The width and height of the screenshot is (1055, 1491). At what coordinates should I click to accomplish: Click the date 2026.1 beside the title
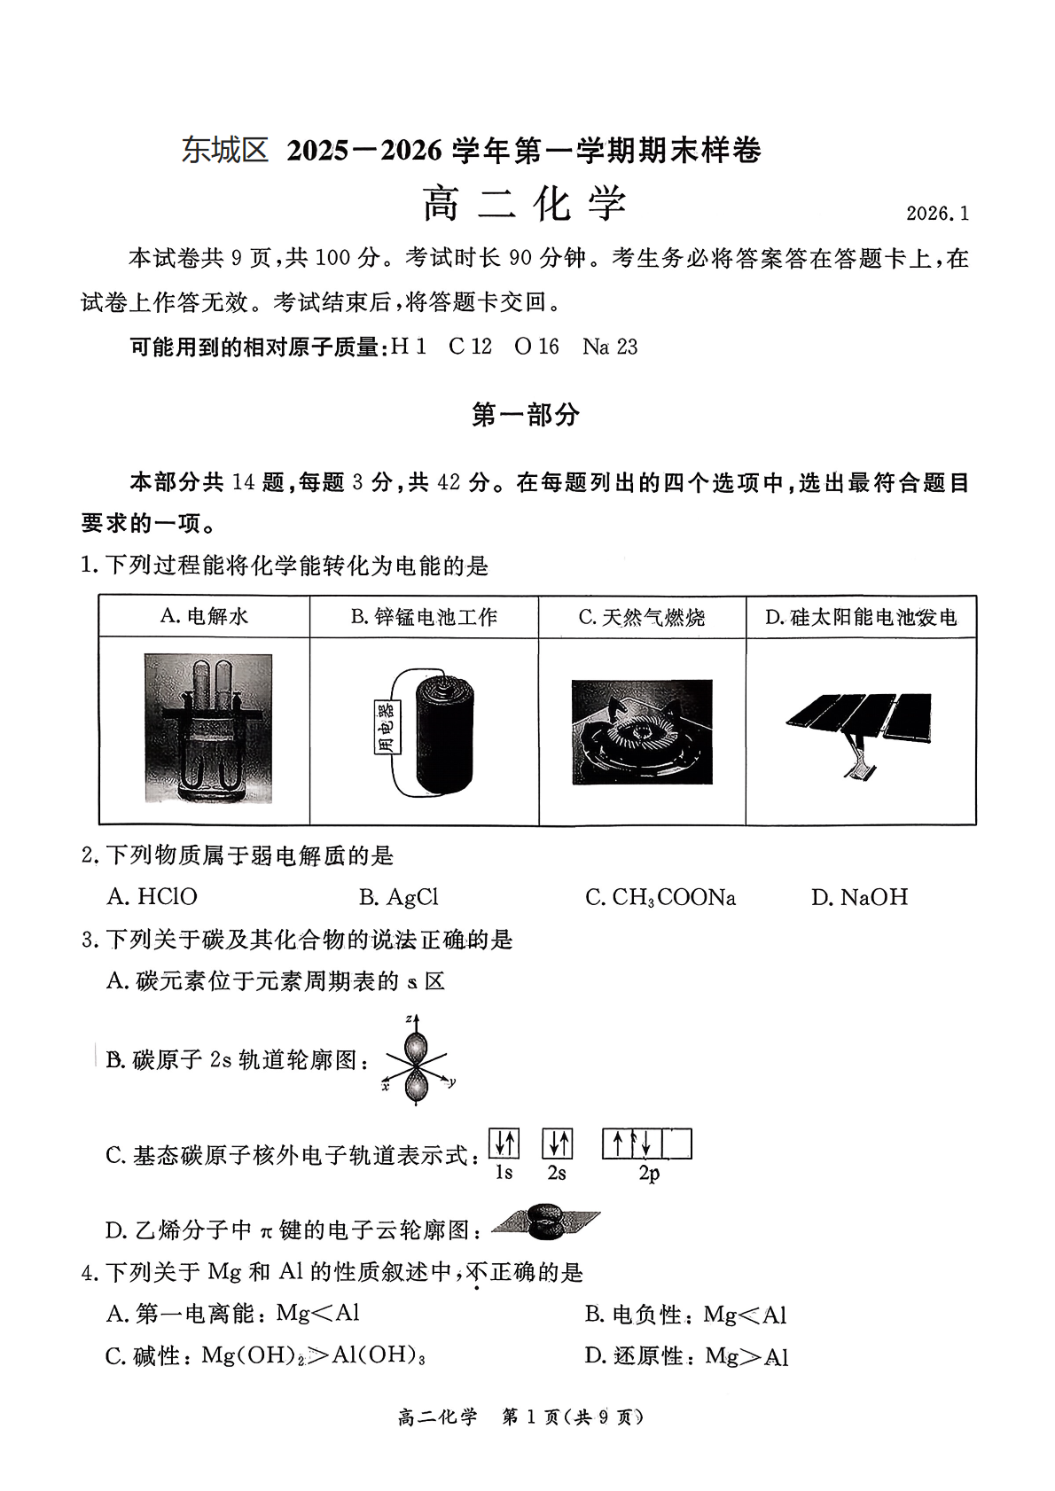pyautogui.click(x=936, y=214)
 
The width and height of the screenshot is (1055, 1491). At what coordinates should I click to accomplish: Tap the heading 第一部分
pyautogui.click(x=526, y=415)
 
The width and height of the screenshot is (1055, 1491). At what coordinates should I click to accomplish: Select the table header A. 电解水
pyautogui.click(x=204, y=617)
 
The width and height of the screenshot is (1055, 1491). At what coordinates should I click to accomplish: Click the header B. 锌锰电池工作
pyautogui.click(x=424, y=617)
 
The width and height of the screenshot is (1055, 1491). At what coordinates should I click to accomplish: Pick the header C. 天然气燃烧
pyautogui.click(x=641, y=617)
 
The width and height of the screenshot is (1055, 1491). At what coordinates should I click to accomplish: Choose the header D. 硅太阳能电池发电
pyautogui.click(x=861, y=617)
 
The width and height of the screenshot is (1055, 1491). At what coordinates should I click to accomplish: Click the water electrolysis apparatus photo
pyautogui.click(x=208, y=729)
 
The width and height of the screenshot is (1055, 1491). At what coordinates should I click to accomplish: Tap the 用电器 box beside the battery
pyautogui.click(x=387, y=727)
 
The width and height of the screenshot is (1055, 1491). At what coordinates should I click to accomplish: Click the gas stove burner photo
pyautogui.click(x=642, y=731)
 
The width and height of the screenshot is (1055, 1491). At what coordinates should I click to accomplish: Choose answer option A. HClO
pyautogui.click(x=152, y=897)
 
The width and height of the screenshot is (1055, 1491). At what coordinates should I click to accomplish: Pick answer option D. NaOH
pyautogui.click(x=859, y=897)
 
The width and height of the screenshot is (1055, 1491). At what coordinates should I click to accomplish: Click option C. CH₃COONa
pyautogui.click(x=660, y=897)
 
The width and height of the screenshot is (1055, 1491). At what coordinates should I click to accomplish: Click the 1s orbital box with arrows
pyautogui.click(x=504, y=1144)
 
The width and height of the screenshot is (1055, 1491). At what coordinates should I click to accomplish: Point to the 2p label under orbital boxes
pyautogui.click(x=648, y=1173)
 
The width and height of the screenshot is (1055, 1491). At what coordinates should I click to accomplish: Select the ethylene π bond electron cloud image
pyautogui.click(x=545, y=1223)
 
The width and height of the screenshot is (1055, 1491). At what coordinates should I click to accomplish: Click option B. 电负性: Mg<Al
pyautogui.click(x=685, y=1315)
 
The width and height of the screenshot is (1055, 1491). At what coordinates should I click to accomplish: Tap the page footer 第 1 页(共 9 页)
pyautogui.click(x=573, y=1417)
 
